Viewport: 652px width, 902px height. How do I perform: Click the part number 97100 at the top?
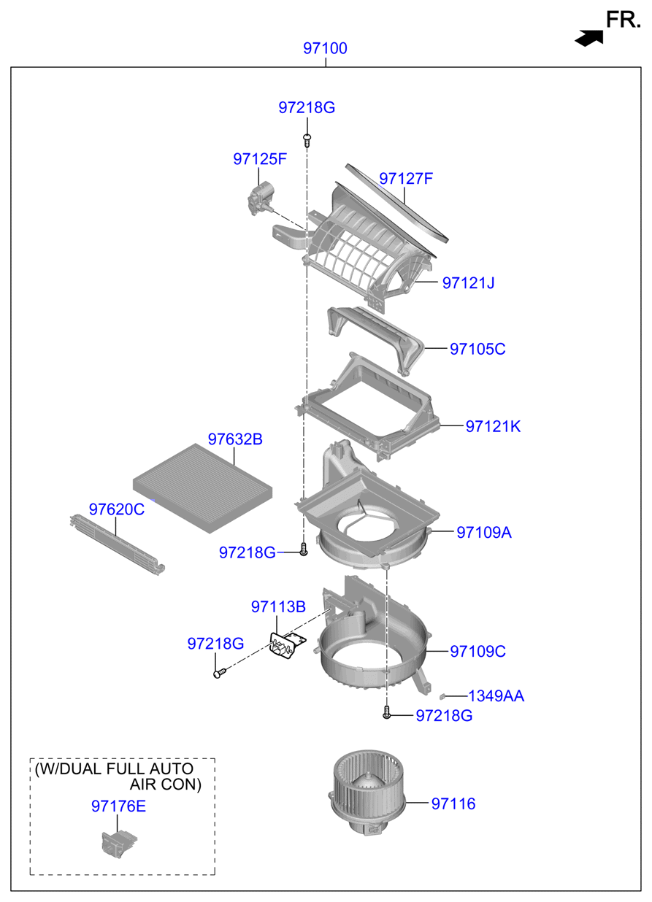tap(326, 49)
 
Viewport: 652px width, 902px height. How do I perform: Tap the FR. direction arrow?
tap(588, 38)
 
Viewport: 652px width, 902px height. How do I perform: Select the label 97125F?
tap(260, 158)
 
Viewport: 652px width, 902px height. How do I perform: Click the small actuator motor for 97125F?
tap(260, 198)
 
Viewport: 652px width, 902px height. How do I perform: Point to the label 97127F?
tap(406, 178)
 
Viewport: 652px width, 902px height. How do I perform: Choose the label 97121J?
tap(468, 282)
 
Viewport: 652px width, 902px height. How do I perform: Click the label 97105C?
tap(478, 349)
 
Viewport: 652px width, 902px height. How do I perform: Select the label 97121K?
tap(493, 426)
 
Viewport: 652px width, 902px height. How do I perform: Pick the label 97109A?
tap(484, 533)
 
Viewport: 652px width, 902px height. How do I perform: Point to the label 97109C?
tap(478, 651)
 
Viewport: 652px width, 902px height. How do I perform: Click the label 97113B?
tap(278, 606)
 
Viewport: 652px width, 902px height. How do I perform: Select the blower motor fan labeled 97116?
tap(367, 796)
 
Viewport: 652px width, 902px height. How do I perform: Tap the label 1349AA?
tap(496, 696)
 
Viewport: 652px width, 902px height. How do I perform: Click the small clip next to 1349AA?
tap(444, 697)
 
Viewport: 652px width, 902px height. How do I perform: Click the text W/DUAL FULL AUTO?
tap(115, 768)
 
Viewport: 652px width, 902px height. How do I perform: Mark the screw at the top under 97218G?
tap(307, 137)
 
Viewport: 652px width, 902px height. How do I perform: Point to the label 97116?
tap(453, 803)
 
